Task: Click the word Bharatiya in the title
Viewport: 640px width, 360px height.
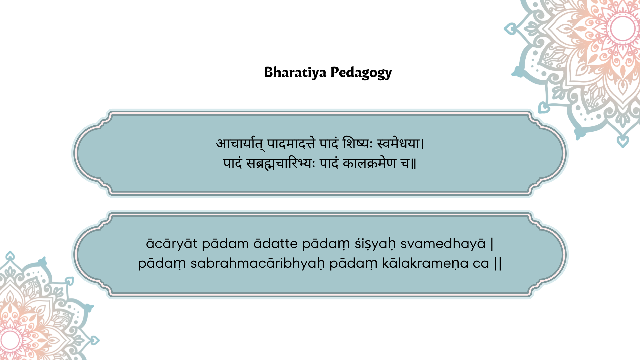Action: [295, 72]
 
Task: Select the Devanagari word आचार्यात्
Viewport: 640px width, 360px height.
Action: [240, 144]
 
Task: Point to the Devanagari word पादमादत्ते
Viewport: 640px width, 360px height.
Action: [291, 144]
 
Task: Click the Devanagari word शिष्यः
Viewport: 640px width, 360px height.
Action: [357, 143]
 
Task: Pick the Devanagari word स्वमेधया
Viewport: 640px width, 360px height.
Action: [398, 143]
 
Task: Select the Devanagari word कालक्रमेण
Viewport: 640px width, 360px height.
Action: [369, 163]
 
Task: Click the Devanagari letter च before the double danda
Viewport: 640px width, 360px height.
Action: [405, 163]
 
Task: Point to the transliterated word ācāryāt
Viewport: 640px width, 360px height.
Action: [172, 244]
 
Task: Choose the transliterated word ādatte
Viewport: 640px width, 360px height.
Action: [276, 244]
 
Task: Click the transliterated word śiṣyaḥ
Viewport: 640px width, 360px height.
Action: [375, 244]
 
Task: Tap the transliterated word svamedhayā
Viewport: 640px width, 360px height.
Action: [443, 244]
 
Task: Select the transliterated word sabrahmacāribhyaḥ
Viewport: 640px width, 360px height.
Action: [257, 263]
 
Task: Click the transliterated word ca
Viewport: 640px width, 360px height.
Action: [481, 264]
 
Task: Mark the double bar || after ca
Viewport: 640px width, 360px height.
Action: [498, 264]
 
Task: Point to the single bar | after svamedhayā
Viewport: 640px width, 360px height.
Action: [492, 244]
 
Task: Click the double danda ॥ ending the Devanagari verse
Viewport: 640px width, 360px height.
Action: [414, 164]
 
